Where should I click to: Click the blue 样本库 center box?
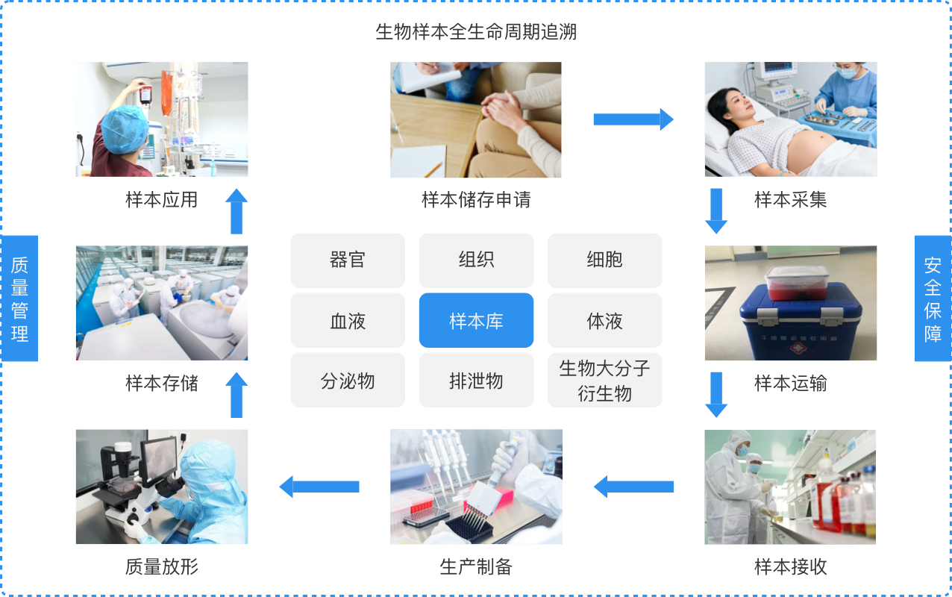(476, 321)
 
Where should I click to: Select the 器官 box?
(348, 260)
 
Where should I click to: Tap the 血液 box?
(348, 321)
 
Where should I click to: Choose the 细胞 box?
(604, 260)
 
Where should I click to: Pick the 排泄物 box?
(476, 381)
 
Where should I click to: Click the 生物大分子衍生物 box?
(604, 381)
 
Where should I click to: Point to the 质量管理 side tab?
(19, 298)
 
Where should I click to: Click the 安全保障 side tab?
(933, 298)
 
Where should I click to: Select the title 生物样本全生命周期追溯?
(476, 33)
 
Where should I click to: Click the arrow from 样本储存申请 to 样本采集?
(633, 119)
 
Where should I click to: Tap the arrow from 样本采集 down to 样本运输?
(716, 211)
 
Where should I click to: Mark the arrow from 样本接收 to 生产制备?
(633, 487)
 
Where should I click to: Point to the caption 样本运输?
(790, 384)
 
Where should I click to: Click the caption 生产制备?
(476, 567)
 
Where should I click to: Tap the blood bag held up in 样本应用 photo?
(145, 93)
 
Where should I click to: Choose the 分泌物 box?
(348, 381)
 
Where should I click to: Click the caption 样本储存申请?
(476, 200)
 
